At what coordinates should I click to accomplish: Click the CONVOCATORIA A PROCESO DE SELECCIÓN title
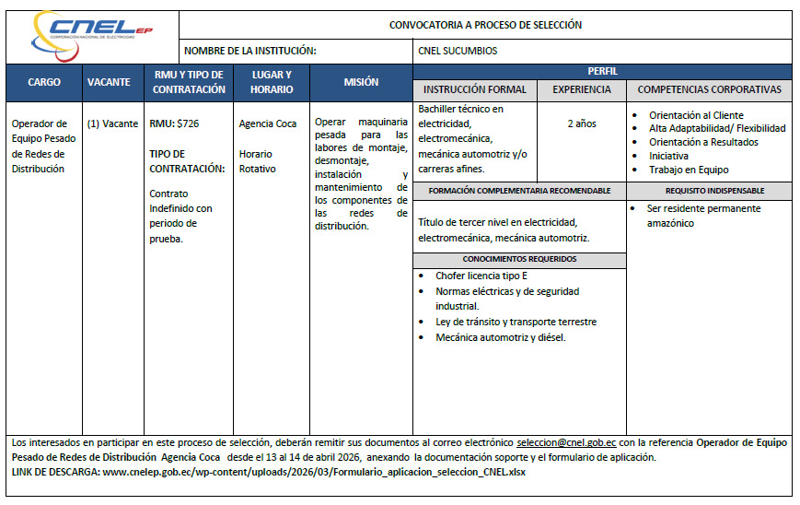click(x=485, y=25)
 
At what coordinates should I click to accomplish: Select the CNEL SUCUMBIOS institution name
click(x=457, y=51)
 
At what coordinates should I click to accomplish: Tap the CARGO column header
click(x=44, y=82)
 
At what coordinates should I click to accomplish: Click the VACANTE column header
click(x=109, y=82)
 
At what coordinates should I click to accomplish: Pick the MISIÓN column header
click(x=361, y=82)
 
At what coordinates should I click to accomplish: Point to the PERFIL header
click(x=602, y=71)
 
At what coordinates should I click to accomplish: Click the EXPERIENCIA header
click(x=581, y=89)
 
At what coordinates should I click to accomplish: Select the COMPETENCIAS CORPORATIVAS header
click(x=709, y=89)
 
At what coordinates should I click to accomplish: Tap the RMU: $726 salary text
click(x=174, y=123)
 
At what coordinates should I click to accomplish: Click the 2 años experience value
click(x=581, y=123)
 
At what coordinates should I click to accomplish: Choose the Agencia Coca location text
click(x=267, y=123)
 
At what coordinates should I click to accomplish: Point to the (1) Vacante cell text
click(x=112, y=123)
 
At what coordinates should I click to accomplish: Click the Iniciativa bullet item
click(x=667, y=156)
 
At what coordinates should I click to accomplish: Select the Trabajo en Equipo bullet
click(x=688, y=170)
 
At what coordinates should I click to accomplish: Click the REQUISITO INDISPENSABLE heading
click(x=709, y=191)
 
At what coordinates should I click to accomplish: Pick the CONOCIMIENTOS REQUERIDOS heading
click(x=519, y=259)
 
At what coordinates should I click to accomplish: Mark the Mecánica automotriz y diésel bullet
click(x=500, y=337)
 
